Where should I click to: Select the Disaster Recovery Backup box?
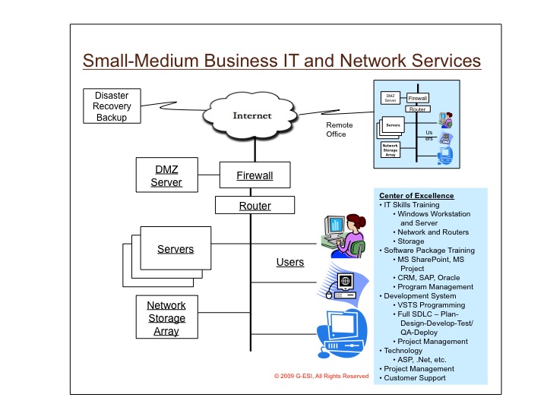111,106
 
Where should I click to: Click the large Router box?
255,205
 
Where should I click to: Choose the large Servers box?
175,249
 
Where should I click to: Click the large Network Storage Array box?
166,318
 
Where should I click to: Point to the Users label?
289,263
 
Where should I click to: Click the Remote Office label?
337,129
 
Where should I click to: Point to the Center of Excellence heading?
416,195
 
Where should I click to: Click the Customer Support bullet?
415,377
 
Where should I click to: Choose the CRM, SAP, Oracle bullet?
432,277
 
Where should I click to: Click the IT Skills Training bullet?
411,204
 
